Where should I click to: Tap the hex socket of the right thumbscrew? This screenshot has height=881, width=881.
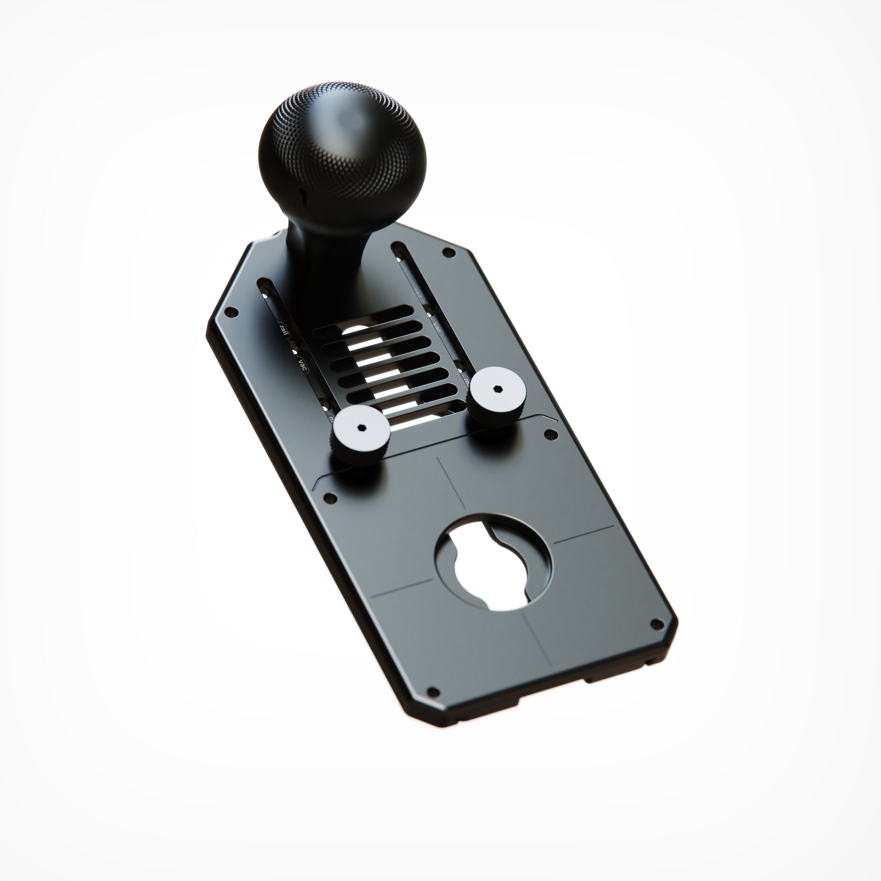(x=496, y=388)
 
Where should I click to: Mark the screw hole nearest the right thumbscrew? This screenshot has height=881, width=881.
(x=551, y=435)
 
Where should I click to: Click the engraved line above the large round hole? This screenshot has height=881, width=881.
(x=451, y=483)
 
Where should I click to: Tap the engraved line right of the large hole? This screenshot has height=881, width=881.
(x=584, y=535)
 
